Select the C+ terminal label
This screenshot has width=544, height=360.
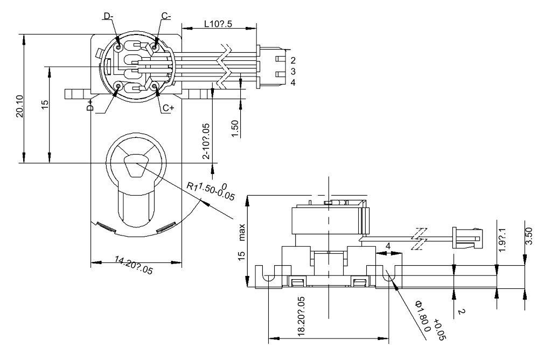pyautogui.click(x=168, y=108)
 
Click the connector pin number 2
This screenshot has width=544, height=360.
pyautogui.click(x=293, y=60)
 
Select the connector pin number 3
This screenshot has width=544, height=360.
pyautogui.click(x=293, y=71)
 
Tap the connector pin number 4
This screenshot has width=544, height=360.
pyautogui.click(x=293, y=82)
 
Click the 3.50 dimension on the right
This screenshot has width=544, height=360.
pyautogui.click(x=529, y=237)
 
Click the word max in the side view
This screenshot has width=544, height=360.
pyautogui.click(x=242, y=232)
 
